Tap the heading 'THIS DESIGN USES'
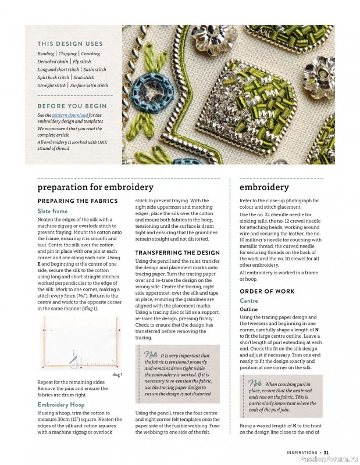(70, 44)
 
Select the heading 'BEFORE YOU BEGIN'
(72, 106)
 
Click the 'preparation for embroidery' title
(95, 187)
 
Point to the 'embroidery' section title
(264, 187)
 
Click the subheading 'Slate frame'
(52, 211)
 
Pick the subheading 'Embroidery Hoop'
(61, 405)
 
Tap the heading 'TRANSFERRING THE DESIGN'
(177, 253)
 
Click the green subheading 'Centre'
(249, 301)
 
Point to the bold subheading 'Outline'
(249, 310)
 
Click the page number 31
(326, 453)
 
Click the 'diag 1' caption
(117, 375)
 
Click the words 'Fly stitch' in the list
(80, 62)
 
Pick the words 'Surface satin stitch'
(90, 85)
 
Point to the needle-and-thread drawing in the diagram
(73, 359)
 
